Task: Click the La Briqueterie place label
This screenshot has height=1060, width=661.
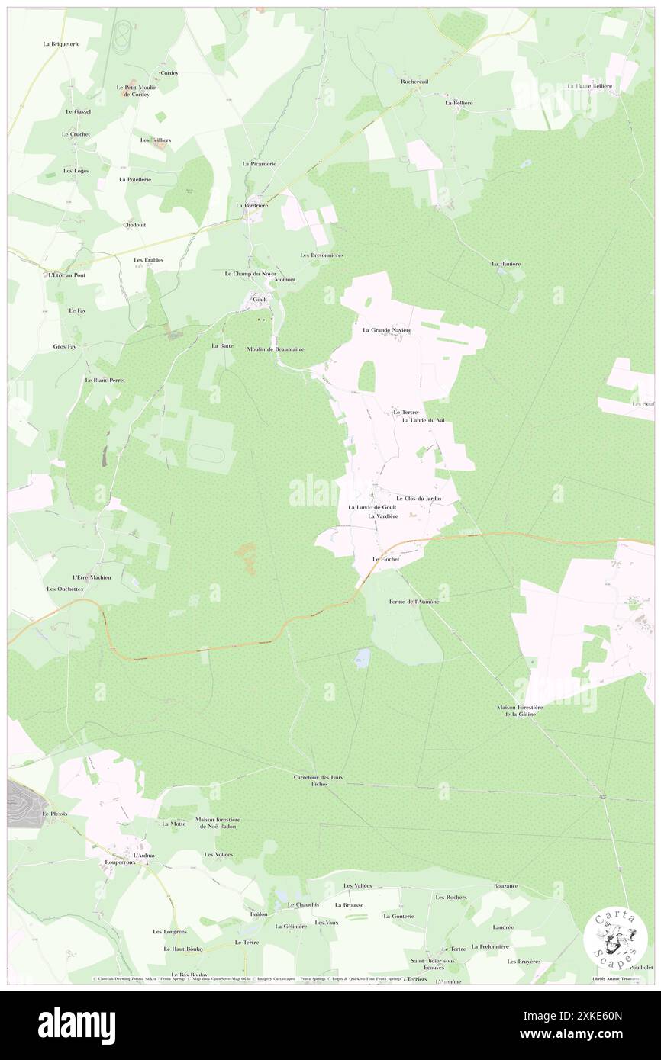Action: pyautogui.click(x=61, y=44)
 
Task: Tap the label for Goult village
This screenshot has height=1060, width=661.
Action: pyautogui.click(x=260, y=300)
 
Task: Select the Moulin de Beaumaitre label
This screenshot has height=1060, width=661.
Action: pyautogui.click(x=276, y=349)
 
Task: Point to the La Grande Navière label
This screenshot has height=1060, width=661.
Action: pyautogui.click(x=387, y=330)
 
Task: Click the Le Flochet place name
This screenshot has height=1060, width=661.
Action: pyautogui.click(x=385, y=559)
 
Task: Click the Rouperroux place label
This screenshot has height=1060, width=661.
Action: pyautogui.click(x=120, y=862)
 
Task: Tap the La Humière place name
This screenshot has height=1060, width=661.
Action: pyautogui.click(x=505, y=264)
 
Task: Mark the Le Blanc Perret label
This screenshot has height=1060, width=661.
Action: pyautogui.click(x=105, y=380)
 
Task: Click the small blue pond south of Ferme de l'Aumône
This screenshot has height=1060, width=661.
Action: pyautogui.click(x=362, y=657)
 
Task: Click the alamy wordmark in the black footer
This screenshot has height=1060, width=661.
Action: pyautogui.click(x=76, y=1025)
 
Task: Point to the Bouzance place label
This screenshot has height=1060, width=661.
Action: pyautogui.click(x=505, y=885)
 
